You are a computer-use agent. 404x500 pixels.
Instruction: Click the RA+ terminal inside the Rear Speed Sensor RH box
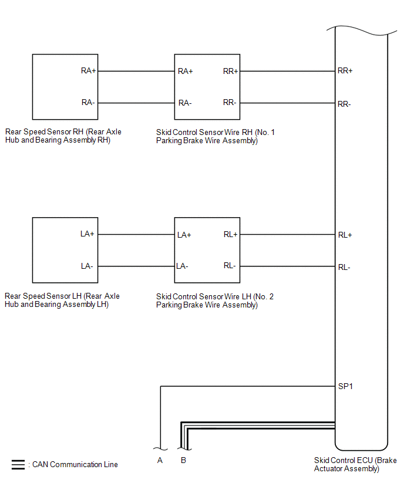click(x=89, y=70)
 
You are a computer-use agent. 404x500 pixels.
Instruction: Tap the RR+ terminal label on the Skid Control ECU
click(x=345, y=70)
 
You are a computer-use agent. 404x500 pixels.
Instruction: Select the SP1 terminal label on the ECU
click(x=345, y=387)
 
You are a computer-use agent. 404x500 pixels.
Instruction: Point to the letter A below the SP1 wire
click(x=160, y=460)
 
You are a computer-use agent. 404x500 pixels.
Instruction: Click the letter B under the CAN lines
click(x=183, y=460)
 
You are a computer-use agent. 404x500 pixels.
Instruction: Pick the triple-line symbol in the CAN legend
click(x=18, y=465)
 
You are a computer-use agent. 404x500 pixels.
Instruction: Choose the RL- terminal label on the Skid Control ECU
click(x=344, y=267)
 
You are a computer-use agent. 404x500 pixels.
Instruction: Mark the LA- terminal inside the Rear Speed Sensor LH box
click(x=87, y=266)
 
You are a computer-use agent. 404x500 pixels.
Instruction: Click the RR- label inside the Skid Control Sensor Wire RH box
click(x=230, y=102)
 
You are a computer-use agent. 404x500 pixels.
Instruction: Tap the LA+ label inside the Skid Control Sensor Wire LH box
click(x=184, y=235)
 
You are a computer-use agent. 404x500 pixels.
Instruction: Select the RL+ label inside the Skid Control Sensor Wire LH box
click(x=230, y=234)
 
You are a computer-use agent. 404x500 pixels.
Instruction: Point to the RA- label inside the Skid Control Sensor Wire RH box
click(x=185, y=103)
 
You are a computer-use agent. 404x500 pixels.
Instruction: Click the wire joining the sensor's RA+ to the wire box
click(x=136, y=71)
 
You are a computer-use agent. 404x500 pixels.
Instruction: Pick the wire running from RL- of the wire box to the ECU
click(x=288, y=266)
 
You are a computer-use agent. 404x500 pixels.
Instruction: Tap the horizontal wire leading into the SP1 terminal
click(x=248, y=387)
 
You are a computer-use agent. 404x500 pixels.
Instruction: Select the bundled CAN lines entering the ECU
click(x=258, y=425)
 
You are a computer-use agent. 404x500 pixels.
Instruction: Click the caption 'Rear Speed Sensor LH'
click(x=43, y=296)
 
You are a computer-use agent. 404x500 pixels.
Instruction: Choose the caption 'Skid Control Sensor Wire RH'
click(x=204, y=132)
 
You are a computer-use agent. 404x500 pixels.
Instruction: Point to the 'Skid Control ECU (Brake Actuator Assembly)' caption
click(x=355, y=464)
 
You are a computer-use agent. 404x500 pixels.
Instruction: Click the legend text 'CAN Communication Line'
click(x=75, y=464)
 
